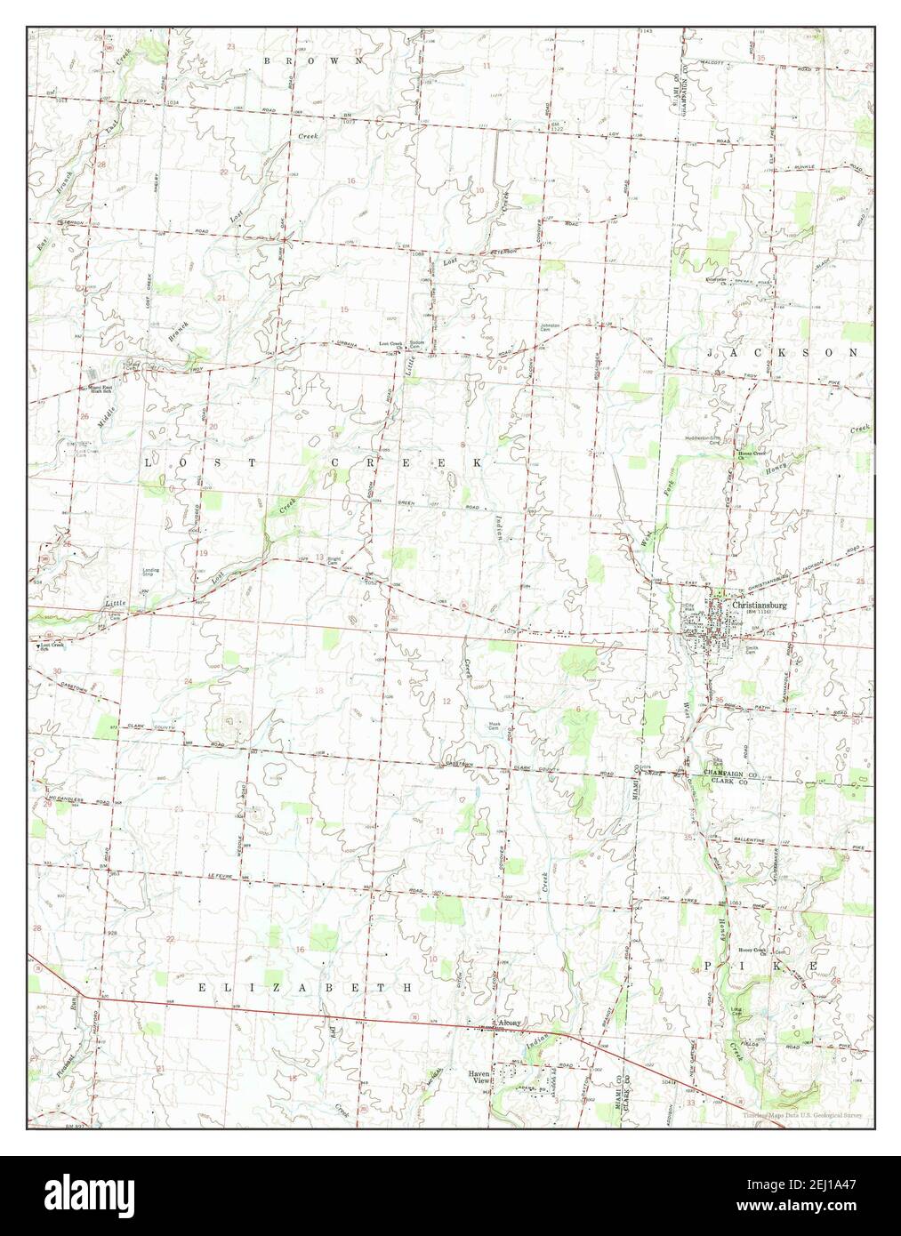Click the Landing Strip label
[152, 574]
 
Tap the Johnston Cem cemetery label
[551, 327]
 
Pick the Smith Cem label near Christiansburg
[754, 650]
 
